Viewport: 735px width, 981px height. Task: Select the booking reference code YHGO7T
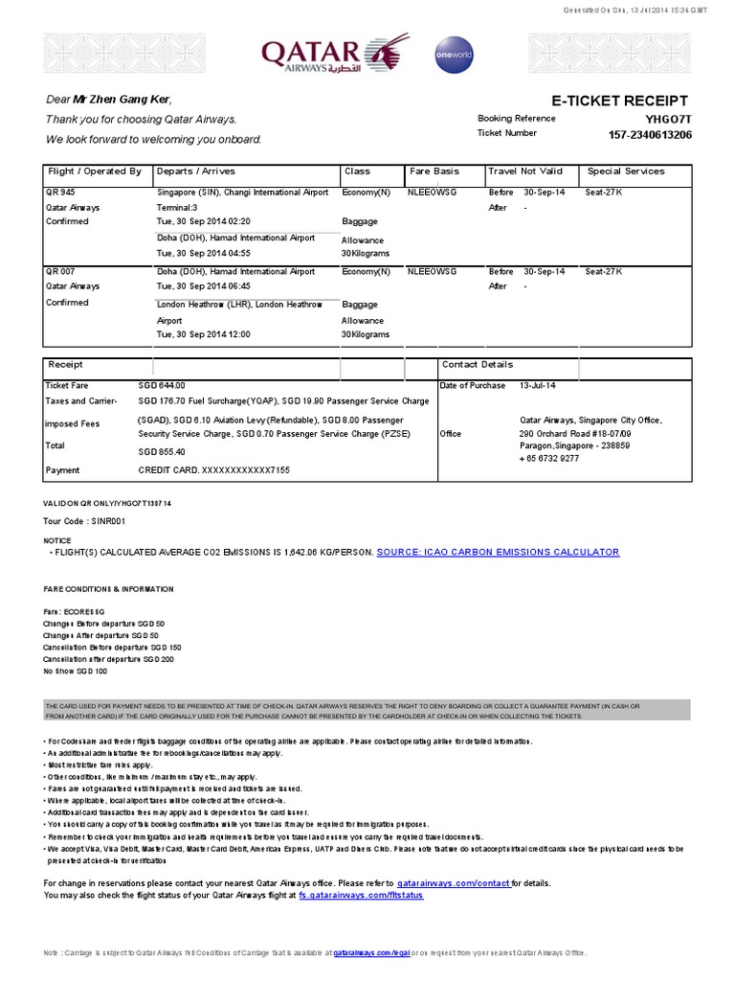pyautogui.click(x=668, y=119)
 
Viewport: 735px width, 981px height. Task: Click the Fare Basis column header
pyautogui.click(x=434, y=171)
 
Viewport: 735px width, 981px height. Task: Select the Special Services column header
pyautogui.click(x=625, y=171)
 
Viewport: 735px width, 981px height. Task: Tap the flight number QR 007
pyautogui.click(x=59, y=271)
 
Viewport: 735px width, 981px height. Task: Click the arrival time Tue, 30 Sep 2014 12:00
pyautogui.click(x=204, y=334)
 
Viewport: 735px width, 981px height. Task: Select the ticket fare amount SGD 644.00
pyautogui.click(x=163, y=385)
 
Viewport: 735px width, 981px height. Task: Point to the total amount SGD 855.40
pyautogui.click(x=163, y=451)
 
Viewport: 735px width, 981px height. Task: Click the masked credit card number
pyautogui.click(x=214, y=470)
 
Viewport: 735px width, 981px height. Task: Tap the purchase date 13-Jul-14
pyautogui.click(x=537, y=385)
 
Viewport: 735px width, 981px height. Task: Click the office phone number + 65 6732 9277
pyautogui.click(x=548, y=458)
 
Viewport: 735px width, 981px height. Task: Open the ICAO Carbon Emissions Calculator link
pyautogui.click(x=498, y=552)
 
